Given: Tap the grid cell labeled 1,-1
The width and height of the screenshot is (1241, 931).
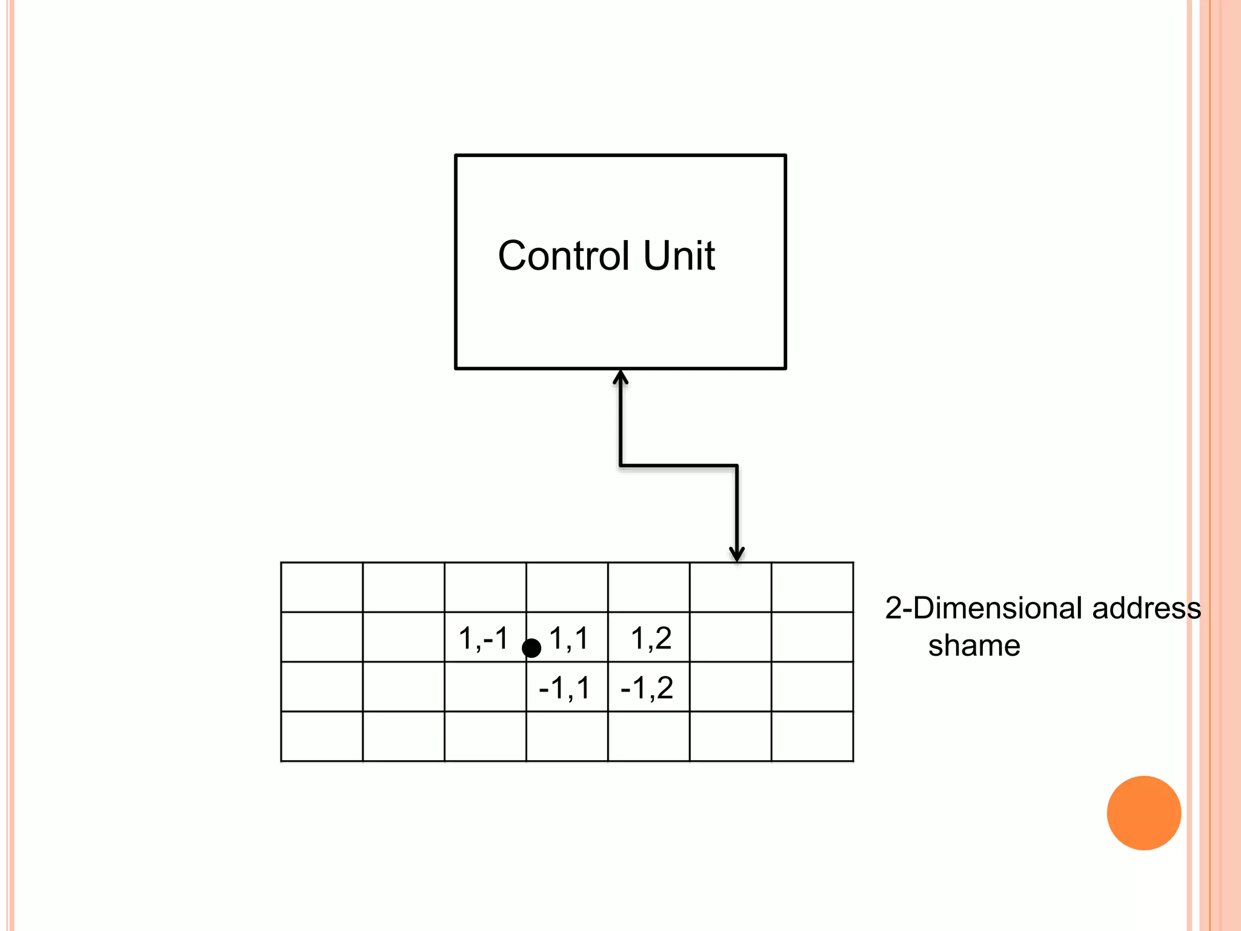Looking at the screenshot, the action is (484, 637).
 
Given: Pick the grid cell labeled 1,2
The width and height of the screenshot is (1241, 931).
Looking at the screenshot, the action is (650, 637).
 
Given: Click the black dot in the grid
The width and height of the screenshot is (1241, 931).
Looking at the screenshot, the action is (531, 648).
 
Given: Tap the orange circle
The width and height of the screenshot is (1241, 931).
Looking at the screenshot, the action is (1143, 813).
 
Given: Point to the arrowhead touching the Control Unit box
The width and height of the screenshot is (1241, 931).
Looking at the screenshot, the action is (620, 378).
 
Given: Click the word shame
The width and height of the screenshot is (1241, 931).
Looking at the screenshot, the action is (974, 646).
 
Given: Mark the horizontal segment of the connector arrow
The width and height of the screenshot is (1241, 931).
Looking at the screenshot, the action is (679, 465).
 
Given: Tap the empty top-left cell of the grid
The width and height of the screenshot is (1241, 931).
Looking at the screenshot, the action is (322, 587).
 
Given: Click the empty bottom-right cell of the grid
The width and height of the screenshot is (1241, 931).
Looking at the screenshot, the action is (812, 736).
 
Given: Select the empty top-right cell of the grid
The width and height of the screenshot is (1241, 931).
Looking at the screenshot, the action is (812, 587).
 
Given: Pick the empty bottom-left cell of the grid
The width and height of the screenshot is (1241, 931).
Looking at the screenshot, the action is (322, 736).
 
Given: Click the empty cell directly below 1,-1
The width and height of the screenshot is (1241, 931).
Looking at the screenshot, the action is (485, 687).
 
